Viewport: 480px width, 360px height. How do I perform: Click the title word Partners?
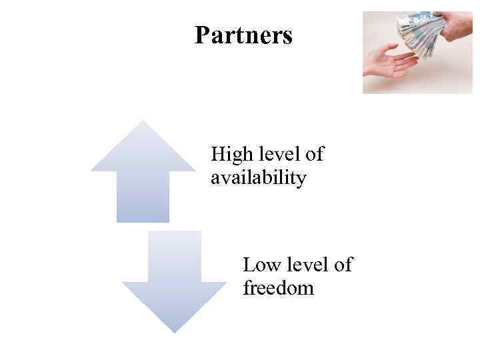tap(243, 35)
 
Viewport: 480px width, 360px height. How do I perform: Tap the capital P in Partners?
tap(201, 35)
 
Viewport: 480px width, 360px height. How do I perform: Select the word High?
tap(231, 155)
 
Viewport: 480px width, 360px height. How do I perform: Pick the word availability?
tap(258, 178)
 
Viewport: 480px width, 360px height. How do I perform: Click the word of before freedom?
tap(343, 265)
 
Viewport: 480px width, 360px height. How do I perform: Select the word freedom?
tap(278, 289)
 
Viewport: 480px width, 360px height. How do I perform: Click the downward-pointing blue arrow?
tap(174, 283)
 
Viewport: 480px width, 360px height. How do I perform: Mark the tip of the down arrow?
tap(174, 331)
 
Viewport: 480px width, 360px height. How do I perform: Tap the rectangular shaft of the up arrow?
tap(143, 196)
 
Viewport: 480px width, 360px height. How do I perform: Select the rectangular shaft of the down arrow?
tap(174, 256)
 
